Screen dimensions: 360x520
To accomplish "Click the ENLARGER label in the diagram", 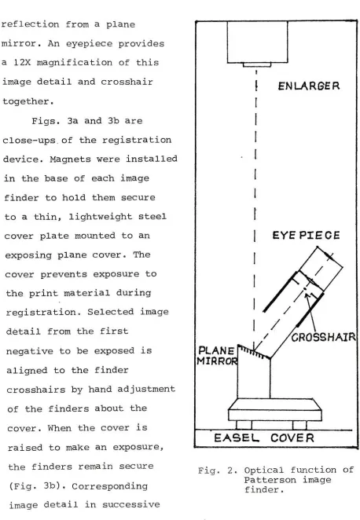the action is coord(309,86).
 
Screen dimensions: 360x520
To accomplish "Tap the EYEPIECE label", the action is coord(306,235).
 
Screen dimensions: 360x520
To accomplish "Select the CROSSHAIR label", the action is coord(324,337).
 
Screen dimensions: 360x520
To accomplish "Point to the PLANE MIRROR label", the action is coord(217,356).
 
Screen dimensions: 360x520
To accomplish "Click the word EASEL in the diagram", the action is coord(237,438).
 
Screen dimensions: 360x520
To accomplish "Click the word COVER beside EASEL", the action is coord(292,438).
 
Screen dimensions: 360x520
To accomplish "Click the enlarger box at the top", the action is coord(257,42).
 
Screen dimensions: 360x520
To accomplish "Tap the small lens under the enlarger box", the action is coord(257,64).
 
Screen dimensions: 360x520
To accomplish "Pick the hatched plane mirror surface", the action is coord(254,352).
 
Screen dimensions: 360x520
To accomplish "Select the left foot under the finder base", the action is coord(244,425).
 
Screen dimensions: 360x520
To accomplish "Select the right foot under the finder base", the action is coord(299,425).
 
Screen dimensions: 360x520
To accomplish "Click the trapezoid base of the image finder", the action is coord(275,410).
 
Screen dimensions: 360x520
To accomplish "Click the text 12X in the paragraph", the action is coord(21,63).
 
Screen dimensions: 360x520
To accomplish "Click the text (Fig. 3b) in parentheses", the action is coord(33,486).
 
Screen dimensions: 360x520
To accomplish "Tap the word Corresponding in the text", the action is coord(109,486).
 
